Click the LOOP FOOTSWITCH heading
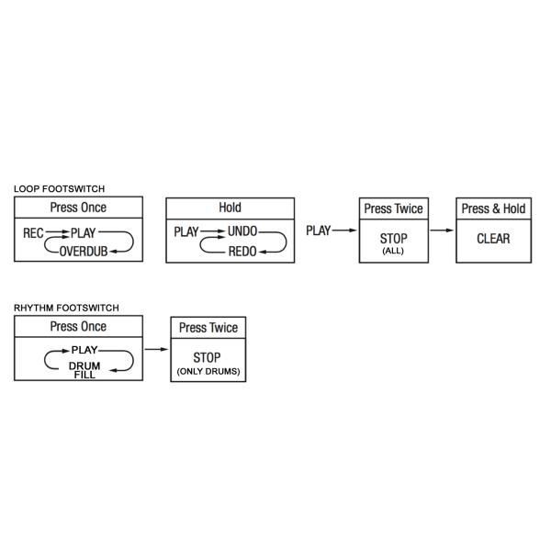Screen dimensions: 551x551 tap(59, 188)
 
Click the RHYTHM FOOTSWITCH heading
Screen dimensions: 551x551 tap(66, 308)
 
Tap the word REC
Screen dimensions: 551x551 tap(33, 233)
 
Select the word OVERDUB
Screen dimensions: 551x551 tap(84, 252)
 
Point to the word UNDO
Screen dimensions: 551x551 tap(242, 231)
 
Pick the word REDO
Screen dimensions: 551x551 tap(242, 252)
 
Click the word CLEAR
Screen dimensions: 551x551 tap(493, 239)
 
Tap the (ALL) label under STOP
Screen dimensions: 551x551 tap(393, 251)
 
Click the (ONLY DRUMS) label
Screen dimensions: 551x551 tap(208, 371)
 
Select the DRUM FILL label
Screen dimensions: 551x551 tap(84, 370)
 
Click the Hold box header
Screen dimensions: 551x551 tap(231, 208)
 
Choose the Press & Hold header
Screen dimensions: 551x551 tap(493, 208)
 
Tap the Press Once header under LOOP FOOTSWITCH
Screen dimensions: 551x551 tap(78, 208)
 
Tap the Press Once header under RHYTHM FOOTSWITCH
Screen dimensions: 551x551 tap(78, 326)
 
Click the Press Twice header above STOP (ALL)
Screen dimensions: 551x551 tap(394, 208)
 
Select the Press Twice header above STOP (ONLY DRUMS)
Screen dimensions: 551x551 tap(208, 328)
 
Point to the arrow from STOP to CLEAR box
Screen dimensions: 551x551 tap(442, 231)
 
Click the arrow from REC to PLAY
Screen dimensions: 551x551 tap(57, 232)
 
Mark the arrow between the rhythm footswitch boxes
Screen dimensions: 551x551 tap(156, 349)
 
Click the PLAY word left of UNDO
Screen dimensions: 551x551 tap(186, 232)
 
